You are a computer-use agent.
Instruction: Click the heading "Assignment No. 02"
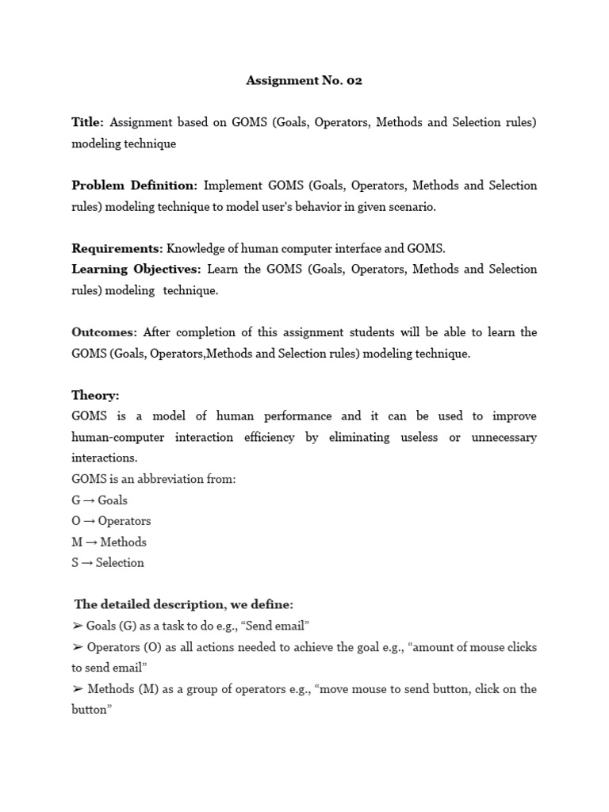pos(304,80)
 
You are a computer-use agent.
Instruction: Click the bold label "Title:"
pos(87,122)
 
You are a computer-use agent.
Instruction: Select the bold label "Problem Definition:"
pos(134,186)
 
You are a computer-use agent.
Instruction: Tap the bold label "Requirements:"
pos(117,248)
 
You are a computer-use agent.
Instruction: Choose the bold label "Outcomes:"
pos(104,332)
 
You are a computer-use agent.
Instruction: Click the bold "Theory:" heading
pos(95,395)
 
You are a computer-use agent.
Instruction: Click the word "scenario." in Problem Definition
pos(412,207)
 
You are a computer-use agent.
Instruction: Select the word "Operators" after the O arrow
pos(124,521)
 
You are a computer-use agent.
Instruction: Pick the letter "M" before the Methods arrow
pos(77,542)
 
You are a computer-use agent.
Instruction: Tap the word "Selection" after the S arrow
pos(120,563)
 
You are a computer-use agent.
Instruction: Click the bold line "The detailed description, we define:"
pos(184,605)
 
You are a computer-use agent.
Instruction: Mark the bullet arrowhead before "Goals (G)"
pos(77,626)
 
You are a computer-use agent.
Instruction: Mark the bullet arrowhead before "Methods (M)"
pos(77,689)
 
